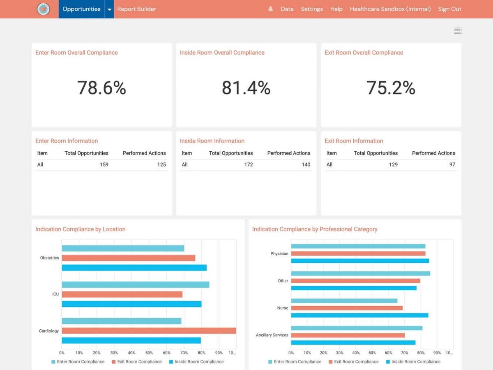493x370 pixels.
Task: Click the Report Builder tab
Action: pyautogui.click(x=136, y=9)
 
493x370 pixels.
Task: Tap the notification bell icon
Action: pyautogui.click(x=270, y=9)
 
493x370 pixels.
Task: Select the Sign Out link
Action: pyautogui.click(x=449, y=9)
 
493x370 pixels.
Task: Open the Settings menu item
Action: pyautogui.click(x=311, y=9)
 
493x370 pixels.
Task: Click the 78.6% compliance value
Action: pyautogui.click(x=101, y=88)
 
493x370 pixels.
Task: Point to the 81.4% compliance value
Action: pyautogui.click(x=246, y=88)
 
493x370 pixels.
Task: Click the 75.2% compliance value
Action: pyautogui.click(x=391, y=88)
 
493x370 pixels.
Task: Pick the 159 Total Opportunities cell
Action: pyautogui.click(x=104, y=164)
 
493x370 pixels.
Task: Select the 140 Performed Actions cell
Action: pyautogui.click(x=306, y=164)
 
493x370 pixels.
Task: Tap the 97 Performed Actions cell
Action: pyautogui.click(x=452, y=164)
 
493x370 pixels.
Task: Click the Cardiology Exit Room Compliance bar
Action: pyautogui.click(x=149, y=331)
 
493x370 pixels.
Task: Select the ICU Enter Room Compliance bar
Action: pyautogui.click(x=135, y=284)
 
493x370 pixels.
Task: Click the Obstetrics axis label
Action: pyautogui.click(x=49, y=258)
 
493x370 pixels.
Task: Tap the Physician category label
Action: pyautogui.click(x=279, y=254)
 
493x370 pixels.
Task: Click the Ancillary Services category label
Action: pyautogui.click(x=272, y=335)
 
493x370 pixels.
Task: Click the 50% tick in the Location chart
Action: pyautogui.click(x=149, y=353)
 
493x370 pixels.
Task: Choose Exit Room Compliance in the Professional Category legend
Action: pyautogui.click(x=356, y=362)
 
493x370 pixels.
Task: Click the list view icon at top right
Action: pyautogui.click(x=458, y=31)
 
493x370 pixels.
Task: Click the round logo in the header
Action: pyautogui.click(x=43, y=9)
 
